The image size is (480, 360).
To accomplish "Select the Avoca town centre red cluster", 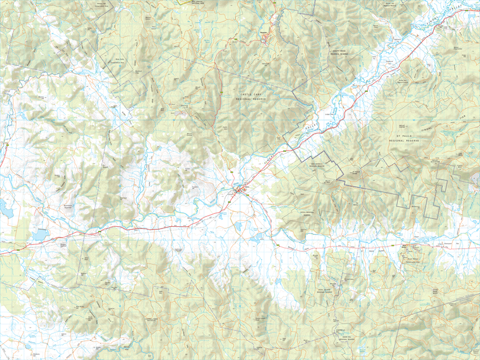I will [x=242, y=191].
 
